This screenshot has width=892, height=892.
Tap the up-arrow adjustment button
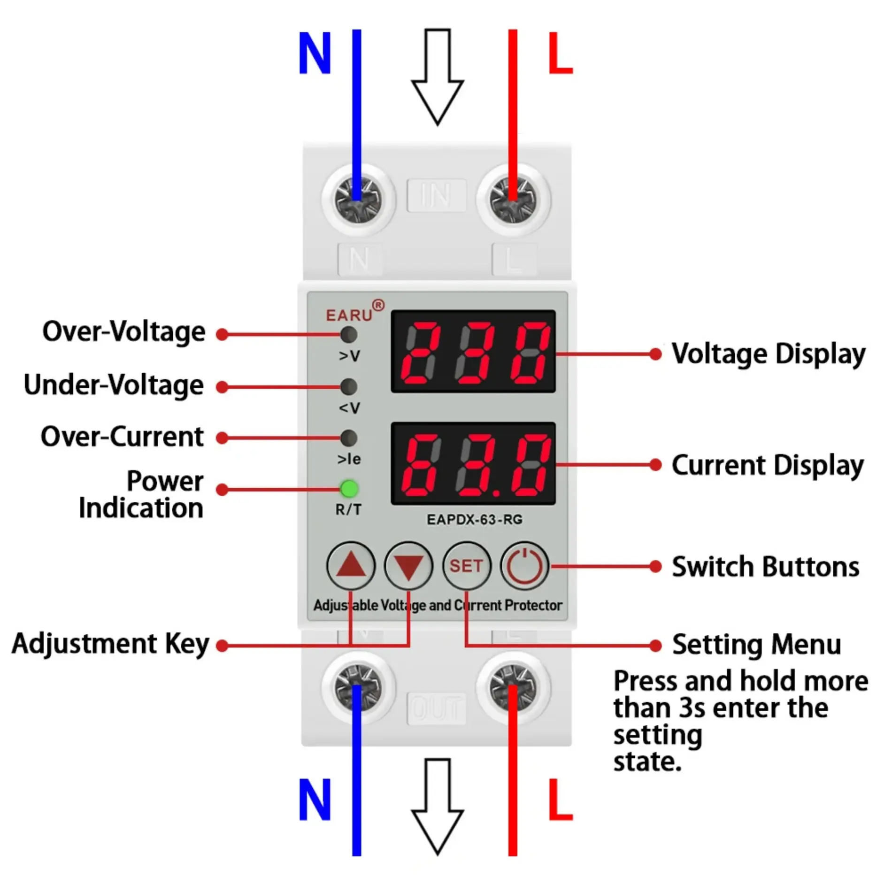click(351, 565)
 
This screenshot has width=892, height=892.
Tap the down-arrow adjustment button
click(408, 565)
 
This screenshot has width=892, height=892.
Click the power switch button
click(524, 565)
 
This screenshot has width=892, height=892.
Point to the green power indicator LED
click(349, 489)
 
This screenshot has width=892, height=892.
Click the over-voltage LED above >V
click(349, 334)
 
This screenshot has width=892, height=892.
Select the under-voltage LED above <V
click(349, 386)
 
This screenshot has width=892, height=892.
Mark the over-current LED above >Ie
click(349, 438)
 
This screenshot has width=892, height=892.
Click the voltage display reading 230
click(473, 351)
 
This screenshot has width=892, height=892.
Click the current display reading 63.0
click(473, 464)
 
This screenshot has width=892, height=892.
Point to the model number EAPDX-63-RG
click(474, 519)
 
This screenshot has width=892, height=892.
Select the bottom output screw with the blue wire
click(357, 688)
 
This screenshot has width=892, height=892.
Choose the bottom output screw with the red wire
click(513, 688)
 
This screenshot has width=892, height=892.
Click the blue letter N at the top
click(315, 53)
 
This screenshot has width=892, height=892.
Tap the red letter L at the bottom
click(561, 799)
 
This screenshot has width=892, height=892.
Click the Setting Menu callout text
click(756, 644)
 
